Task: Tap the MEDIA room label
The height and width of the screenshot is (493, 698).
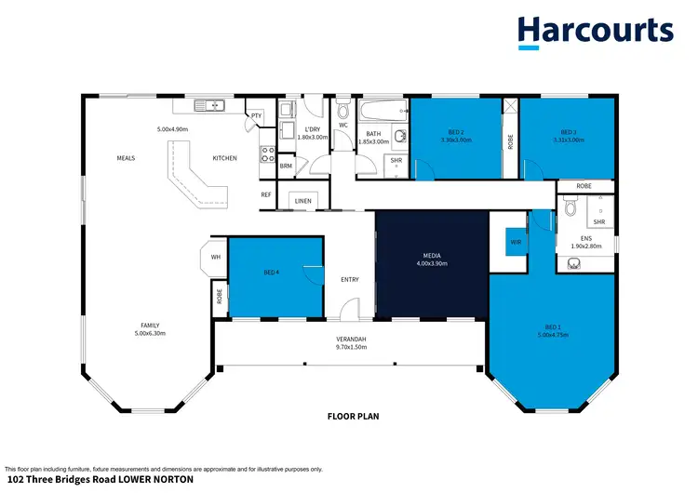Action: pyautogui.click(x=431, y=255)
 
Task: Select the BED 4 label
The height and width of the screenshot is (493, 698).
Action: pyautogui.click(x=272, y=273)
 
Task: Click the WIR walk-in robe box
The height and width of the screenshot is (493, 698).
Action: pyautogui.click(x=515, y=246)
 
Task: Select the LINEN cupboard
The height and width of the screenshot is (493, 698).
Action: pyautogui.click(x=303, y=201)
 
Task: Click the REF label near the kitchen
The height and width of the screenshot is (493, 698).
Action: pyautogui.click(x=266, y=194)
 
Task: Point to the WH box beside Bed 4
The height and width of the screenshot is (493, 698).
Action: pyautogui.click(x=215, y=257)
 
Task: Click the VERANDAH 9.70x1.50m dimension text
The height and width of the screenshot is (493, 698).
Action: pyautogui.click(x=352, y=347)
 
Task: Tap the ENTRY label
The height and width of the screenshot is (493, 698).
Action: pyautogui.click(x=349, y=280)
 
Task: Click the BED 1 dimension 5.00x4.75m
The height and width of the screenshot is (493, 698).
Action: pyautogui.click(x=553, y=334)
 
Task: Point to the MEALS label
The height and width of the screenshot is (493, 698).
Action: pyautogui.click(x=126, y=158)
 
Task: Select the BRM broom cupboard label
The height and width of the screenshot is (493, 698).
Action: pyautogui.click(x=287, y=167)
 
